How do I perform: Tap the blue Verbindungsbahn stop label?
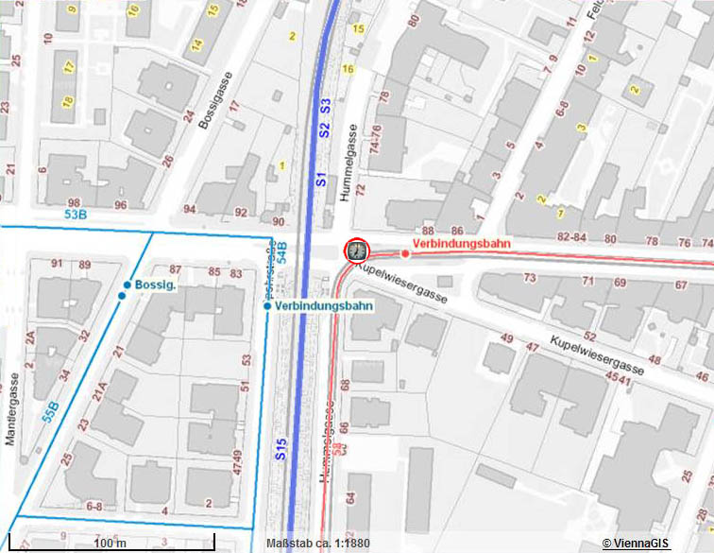click(x=324, y=306)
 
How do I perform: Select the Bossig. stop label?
click(x=157, y=285)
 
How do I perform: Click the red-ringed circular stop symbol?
click(x=357, y=251)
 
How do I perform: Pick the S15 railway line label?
click(x=281, y=449)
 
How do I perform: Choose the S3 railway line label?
click(x=324, y=106)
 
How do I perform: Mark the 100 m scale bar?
click(x=111, y=542)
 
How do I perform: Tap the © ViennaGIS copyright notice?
click(x=636, y=543)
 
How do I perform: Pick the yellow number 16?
click(x=348, y=69)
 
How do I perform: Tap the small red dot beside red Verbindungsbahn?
click(x=405, y=253)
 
